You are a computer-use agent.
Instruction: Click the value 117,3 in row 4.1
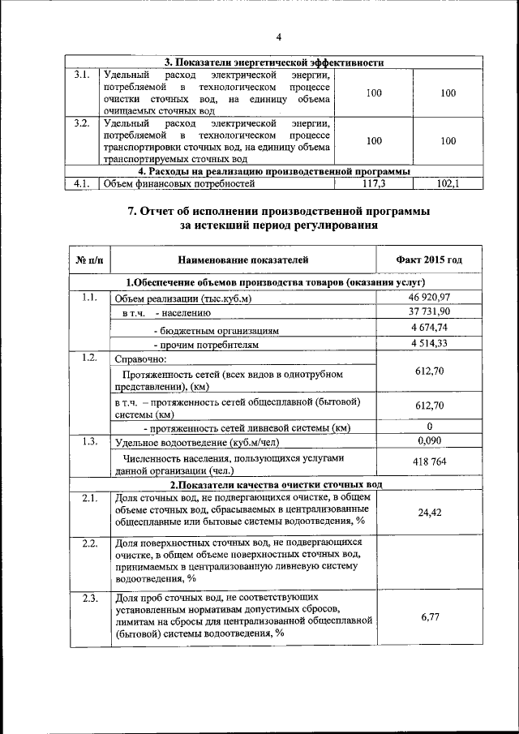tap(373, 184)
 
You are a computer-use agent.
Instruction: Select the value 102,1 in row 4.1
tap(448, 184)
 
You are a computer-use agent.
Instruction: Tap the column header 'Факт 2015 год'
tap(429, 260)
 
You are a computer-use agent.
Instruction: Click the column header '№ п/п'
tap(89, 260)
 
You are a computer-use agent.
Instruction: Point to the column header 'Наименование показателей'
tap(243, 260)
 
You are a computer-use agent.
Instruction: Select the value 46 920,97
tap(429, 298)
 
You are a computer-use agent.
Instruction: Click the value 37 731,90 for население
tap(429, 312)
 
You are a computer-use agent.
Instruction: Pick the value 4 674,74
tap(429, 328)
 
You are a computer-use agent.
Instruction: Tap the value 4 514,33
tap(429, 342)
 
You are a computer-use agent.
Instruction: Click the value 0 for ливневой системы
tap(429, 427)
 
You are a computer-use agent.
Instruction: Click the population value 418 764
tap(429, 461)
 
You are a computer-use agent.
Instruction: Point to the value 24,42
tap(429, 513)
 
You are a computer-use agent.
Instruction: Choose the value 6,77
tap(429, 617)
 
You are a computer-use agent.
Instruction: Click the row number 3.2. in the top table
tap(80, 123)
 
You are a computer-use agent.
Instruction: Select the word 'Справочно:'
tap(140, 358)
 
